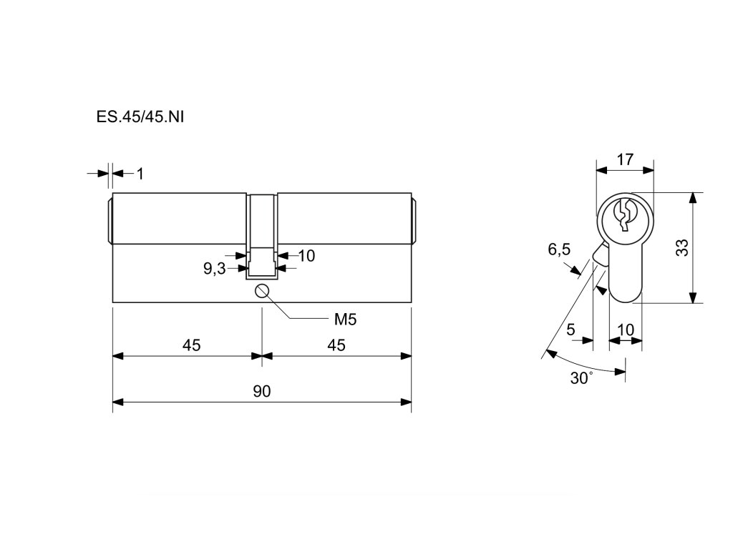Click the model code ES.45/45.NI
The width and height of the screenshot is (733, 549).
click(140, 117)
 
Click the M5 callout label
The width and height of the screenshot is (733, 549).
click(344, 318)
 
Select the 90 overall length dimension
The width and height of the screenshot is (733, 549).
click(261, 391)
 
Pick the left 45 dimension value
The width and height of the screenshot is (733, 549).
click(190, 345)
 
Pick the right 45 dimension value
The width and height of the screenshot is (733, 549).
click(336, 345)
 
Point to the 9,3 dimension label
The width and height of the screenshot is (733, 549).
click(214, 269)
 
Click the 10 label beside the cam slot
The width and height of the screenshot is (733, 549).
click(306, 255)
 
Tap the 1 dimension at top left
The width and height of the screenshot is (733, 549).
click(140, 173)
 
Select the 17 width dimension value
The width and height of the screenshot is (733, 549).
click(625, 159)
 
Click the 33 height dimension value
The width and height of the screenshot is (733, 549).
click(682, 248)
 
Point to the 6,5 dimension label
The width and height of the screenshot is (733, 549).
click(559, 249)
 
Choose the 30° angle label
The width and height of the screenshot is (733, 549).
click(581, 378)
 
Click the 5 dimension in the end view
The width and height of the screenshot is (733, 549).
click(571, 330)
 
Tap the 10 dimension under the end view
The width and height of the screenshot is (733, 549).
click(625, 330)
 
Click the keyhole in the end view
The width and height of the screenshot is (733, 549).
click(625, 214)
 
